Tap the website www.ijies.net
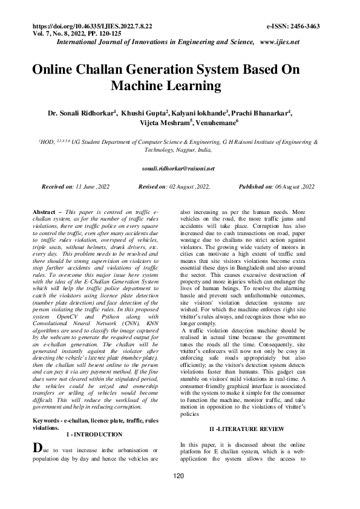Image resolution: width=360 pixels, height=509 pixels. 280,42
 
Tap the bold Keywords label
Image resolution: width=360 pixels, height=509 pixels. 50,420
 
